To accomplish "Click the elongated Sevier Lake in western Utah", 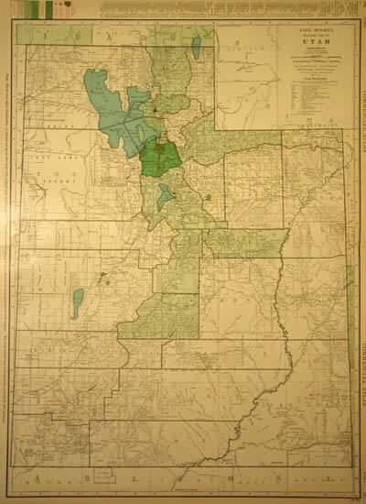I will [x=78, y=303].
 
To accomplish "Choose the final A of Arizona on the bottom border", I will [x=277, y=477].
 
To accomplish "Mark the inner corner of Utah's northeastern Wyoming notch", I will [x=217, y=128].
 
